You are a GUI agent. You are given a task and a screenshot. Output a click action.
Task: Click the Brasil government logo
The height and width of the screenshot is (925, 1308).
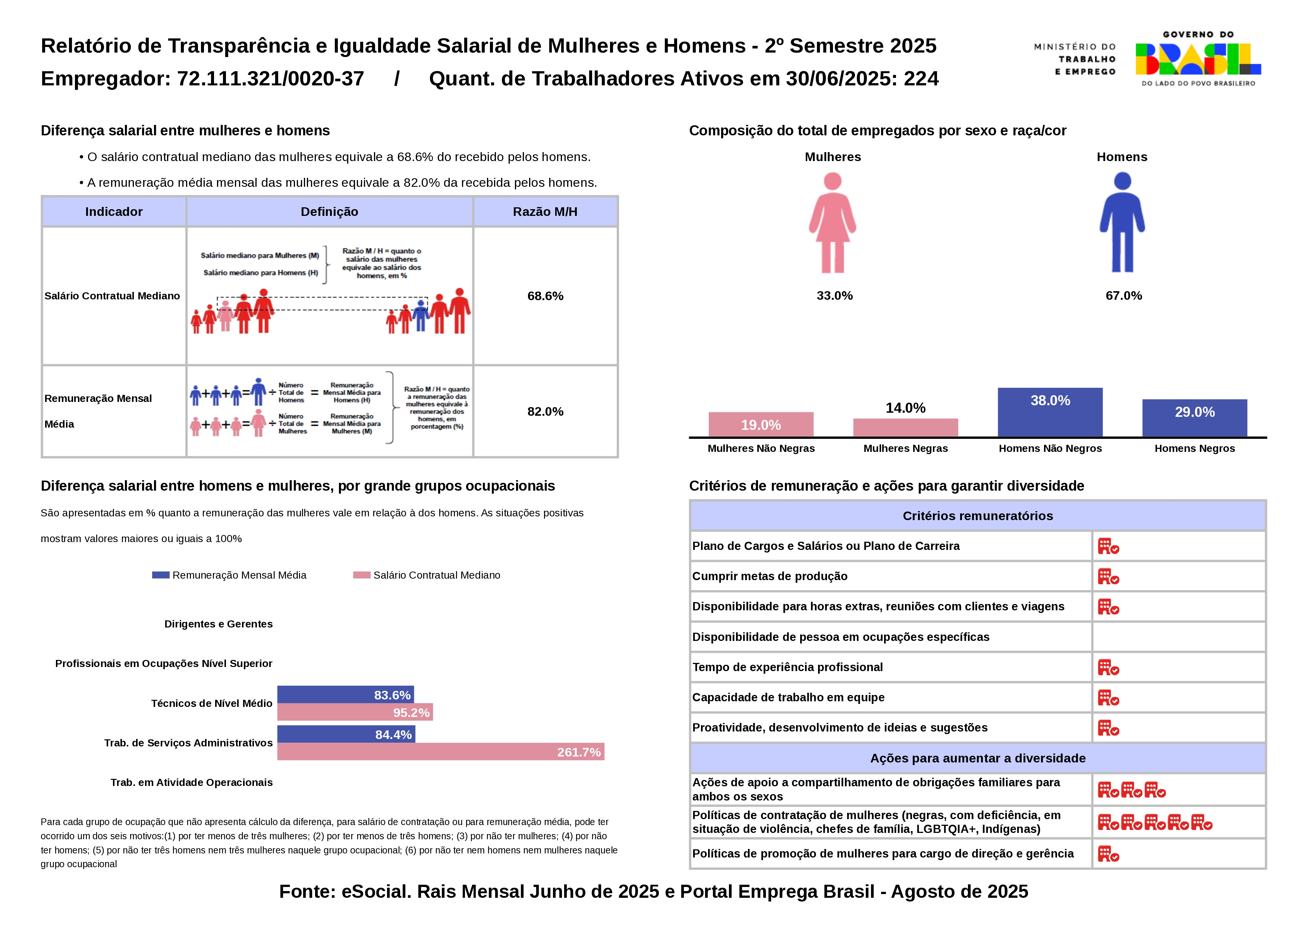coord(1198,59)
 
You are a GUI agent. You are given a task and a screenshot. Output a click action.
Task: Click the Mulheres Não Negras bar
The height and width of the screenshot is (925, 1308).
coord(761,424)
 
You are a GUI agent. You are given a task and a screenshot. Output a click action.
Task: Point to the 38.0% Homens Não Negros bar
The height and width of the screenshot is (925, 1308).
coord(1050,412)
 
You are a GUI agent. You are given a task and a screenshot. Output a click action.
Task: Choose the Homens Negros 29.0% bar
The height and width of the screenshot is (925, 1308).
coord(1195,418)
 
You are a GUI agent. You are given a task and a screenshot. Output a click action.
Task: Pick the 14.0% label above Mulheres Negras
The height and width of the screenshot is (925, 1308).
coord(905,408)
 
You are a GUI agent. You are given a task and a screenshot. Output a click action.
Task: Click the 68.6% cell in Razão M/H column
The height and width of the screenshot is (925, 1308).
coord(545,296)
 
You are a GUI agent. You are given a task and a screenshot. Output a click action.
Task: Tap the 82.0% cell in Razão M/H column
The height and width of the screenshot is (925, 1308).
coord(545,411)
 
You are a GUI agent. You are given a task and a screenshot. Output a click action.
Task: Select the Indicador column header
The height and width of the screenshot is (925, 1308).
coord(114,212)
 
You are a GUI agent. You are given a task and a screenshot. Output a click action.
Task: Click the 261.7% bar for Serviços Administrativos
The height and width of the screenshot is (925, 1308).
coord(440,752)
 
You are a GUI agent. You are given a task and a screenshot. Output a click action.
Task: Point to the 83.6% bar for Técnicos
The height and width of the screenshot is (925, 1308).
coord(345,695)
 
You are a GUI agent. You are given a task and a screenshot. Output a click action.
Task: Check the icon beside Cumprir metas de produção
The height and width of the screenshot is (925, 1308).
coord(1108,576)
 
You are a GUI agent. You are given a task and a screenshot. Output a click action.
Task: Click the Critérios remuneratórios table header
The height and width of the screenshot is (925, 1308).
coord(978,516)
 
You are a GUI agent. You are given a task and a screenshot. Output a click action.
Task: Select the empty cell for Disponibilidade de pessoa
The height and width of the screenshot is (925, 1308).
coord(1179,637)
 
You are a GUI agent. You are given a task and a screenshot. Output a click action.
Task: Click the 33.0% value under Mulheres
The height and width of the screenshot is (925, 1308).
coord(834,296)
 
